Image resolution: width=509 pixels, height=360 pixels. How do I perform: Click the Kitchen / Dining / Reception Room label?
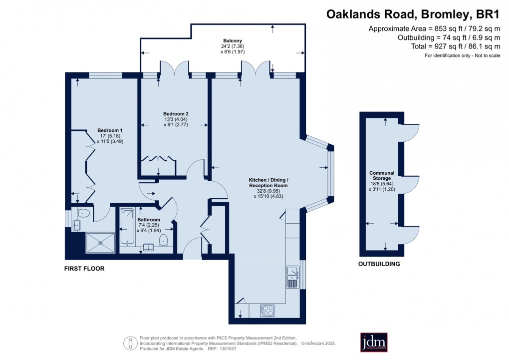pos(269,182)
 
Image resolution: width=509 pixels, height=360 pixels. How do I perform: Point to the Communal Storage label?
pos(380,175)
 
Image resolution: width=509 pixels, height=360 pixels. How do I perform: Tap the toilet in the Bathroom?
pos(163,242)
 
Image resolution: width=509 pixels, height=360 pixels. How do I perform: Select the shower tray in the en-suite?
pos(101,243)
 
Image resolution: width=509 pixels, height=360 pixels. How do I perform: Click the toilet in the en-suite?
pos(83,213)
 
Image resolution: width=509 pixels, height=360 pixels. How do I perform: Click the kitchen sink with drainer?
pos(292,277)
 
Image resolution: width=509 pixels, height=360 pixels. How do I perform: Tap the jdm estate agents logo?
pos(374,342)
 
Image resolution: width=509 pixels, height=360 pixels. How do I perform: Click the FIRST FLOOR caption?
pos(84,269)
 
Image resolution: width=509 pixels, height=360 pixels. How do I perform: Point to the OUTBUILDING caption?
pos(379,264)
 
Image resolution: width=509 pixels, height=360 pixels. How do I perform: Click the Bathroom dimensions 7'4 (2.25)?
pos(149,225)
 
